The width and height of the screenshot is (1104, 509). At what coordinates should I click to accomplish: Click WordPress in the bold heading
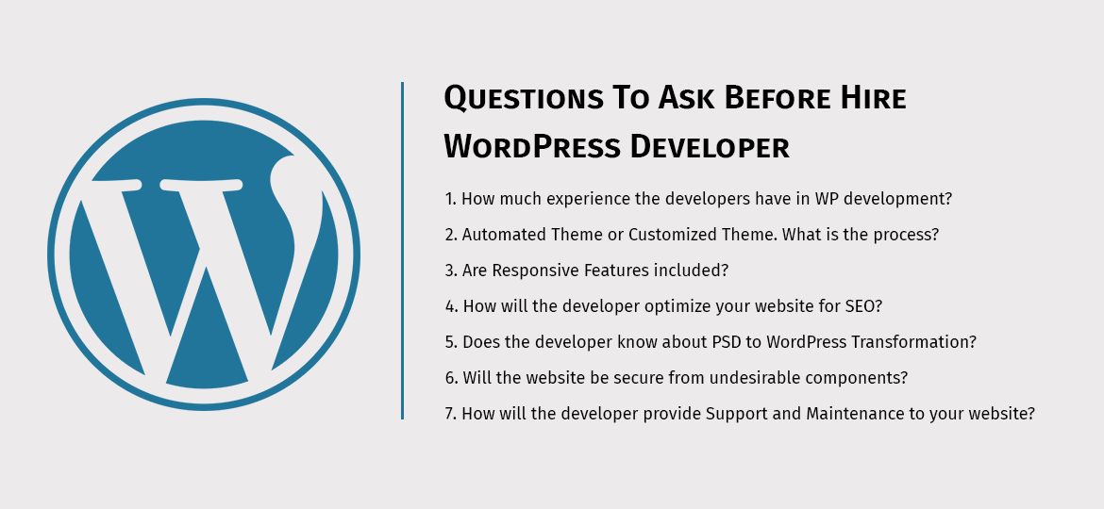[x=531, y=147]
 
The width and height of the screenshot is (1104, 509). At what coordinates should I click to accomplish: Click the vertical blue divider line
[x=402, y=251]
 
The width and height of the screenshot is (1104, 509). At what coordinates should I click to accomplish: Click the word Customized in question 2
[x=674, y=235]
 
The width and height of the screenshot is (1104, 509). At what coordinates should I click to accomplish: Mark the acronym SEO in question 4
[x=861, y=306]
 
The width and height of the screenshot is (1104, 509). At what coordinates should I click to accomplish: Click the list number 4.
[x=450, y=306]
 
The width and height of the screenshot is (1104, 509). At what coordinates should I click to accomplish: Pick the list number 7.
[x=449, y=414]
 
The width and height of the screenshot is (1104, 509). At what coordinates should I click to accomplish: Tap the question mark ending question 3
[x=725, y=271]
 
